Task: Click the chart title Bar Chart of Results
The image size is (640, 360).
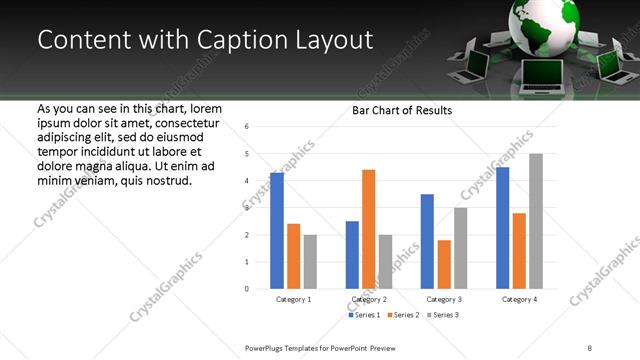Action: point(401,110)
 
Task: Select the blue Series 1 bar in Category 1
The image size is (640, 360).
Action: point(277,230)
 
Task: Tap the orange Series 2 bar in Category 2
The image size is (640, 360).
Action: point(369,229)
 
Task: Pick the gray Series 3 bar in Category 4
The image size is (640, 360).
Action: point(536,221)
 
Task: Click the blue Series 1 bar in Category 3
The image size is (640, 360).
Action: point(428,241)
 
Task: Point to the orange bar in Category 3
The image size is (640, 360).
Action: point(444,264)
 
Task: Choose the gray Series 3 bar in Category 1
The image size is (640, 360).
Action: point(310,261)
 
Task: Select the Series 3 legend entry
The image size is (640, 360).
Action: point(443,315)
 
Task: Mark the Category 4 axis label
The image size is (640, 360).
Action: point(519,299)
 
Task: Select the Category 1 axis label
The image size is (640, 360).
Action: point(294,299)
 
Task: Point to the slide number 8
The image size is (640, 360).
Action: point(589,347)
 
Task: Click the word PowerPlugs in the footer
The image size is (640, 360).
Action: point(270,347)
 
